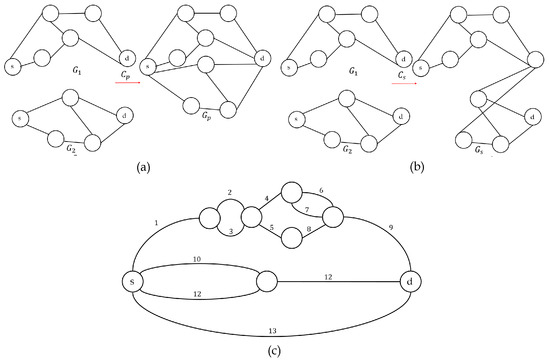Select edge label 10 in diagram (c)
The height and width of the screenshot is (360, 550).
coord(197,260)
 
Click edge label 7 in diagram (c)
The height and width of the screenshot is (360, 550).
coord(307,208)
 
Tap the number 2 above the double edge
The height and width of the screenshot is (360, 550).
coord(229,191)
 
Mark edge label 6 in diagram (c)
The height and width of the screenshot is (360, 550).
coord(322,190)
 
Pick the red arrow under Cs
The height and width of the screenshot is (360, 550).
coord(404,83)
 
